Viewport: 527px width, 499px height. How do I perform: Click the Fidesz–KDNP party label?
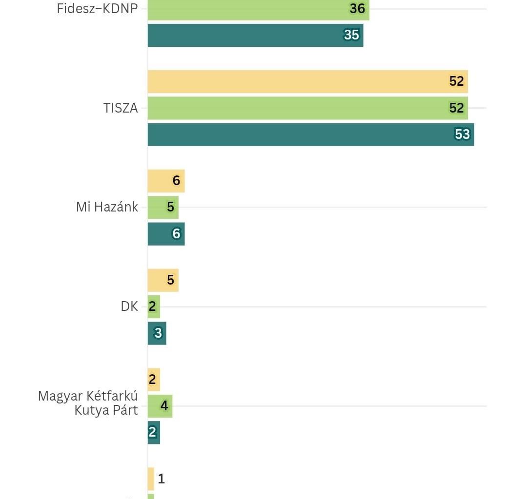(x=97, y=9)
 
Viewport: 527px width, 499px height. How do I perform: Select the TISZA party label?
(x=121, y=108)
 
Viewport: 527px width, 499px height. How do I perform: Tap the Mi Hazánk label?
(x=107, y=207)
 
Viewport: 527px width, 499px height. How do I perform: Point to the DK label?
(x=129, y=307)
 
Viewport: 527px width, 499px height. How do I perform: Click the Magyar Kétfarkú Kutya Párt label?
(x=88, y=403)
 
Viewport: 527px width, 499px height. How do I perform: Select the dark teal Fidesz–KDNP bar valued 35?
(x=255, y=35)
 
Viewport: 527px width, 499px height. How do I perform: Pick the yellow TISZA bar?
(x=307, y=81)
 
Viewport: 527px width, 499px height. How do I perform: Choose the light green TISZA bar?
(x=307, y=108)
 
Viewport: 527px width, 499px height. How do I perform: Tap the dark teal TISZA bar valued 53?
(x=311, y=134)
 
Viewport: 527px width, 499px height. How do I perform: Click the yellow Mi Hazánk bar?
(x=166, y=181)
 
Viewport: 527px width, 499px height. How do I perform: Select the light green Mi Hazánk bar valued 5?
(x=163, y=207)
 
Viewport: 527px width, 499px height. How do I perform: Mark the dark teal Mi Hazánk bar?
(x=166, y=233)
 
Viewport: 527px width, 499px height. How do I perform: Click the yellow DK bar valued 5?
(x=163, y=280)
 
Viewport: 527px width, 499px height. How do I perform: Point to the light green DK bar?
(x=154, y=307)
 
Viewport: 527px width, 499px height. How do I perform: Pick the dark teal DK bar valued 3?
(x=157, y=333)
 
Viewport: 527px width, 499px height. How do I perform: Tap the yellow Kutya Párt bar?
(x=154, y=380)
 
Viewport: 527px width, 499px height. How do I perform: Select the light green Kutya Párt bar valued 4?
(x=160, y=406)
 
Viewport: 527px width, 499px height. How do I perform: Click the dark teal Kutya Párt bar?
(x=154, y=432)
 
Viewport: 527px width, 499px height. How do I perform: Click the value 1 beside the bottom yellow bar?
(x=162, y=479)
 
